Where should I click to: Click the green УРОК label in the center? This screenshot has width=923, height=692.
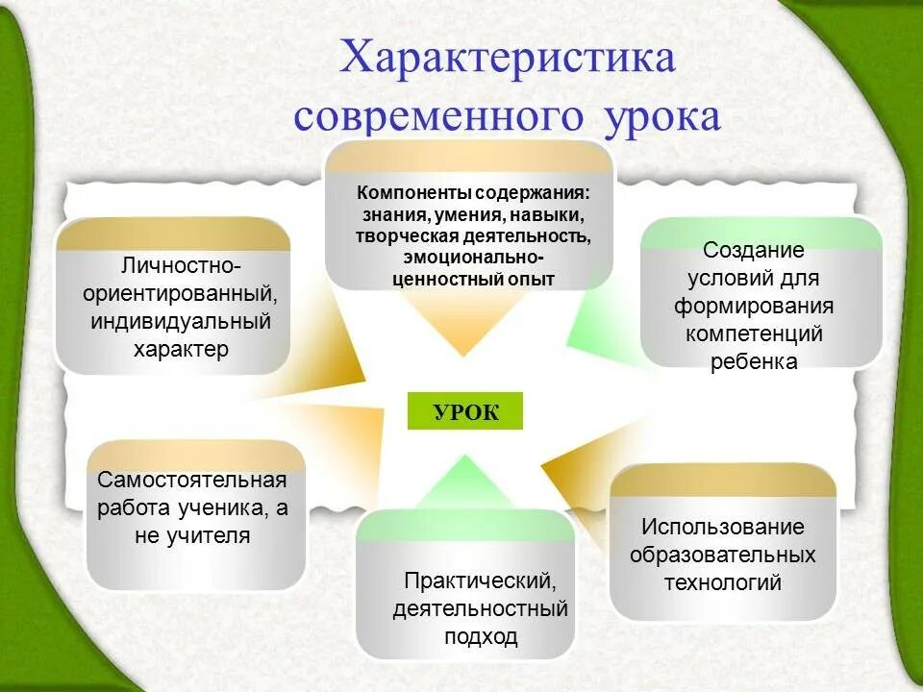(x=465, y=411)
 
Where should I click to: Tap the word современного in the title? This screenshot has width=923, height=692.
(x=438, y=116)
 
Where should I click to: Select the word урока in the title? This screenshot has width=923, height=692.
(x=662, y=116)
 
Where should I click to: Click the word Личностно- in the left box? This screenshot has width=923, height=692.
(x=181, y=263)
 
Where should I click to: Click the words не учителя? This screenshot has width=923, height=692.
(x=192, y=536)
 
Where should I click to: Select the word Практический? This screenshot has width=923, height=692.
(x=480, y=581)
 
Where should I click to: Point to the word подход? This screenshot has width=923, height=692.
(x=480, y=636)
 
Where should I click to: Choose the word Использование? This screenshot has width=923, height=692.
(x=723, y=526)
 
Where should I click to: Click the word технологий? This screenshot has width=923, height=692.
(x=723, y=582)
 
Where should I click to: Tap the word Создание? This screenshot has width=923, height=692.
(x=753, y=250)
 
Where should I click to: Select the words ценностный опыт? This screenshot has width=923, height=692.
(x=473, y=280)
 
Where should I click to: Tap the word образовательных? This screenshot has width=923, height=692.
(x=723, y=555)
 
